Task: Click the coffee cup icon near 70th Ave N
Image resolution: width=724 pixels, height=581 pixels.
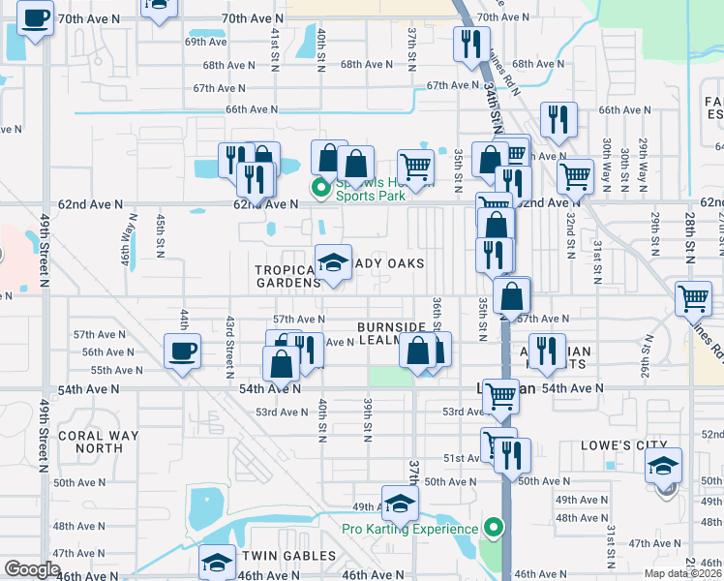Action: point(36,17)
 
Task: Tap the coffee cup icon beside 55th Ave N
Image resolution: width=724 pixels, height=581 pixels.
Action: point(181,351)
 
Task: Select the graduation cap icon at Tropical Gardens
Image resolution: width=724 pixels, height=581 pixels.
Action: point(333,262)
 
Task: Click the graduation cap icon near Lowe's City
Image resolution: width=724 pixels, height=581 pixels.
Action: point(664,465)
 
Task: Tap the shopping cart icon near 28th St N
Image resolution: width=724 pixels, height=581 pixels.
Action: point(693,299)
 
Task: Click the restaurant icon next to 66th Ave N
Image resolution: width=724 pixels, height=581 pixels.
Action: point(558,119)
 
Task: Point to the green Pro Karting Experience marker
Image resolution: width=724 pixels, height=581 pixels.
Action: point(494,528)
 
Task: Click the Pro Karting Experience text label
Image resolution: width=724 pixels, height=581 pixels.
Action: point(410,529)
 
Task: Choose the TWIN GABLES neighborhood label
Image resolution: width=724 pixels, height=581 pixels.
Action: point(288,556)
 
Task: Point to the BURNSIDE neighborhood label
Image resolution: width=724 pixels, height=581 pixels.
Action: point(391,327)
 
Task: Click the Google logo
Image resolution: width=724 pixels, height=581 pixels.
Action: point(32,568)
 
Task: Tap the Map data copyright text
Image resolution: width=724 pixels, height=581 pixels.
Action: point(683,573)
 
